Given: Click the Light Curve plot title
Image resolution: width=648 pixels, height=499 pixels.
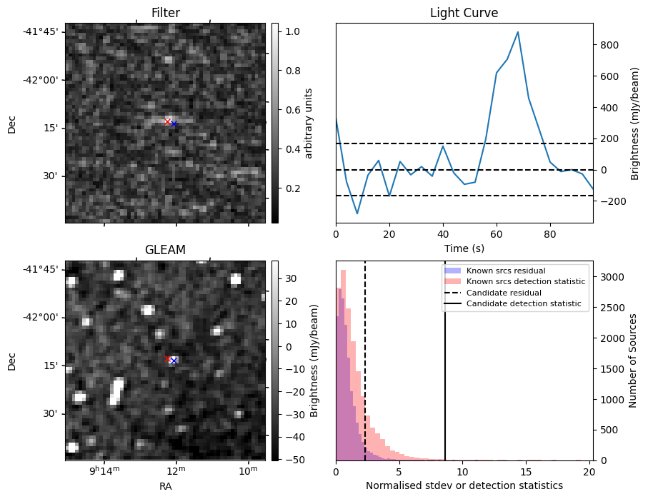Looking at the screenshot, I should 464,13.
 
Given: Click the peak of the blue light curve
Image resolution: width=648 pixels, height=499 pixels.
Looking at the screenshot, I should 518,32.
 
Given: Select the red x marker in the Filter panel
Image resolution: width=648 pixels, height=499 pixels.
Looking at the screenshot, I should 168,121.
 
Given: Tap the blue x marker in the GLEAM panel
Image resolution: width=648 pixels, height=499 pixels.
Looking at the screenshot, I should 174,361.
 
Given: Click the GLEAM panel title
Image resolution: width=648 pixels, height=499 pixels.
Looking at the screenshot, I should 165,250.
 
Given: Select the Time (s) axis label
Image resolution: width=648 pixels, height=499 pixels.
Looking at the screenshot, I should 464,248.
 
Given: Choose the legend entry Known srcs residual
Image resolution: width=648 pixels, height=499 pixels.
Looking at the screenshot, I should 505,271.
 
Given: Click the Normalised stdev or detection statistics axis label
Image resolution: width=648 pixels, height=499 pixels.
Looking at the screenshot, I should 464,485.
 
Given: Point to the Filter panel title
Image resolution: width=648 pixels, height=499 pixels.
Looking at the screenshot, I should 165,13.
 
